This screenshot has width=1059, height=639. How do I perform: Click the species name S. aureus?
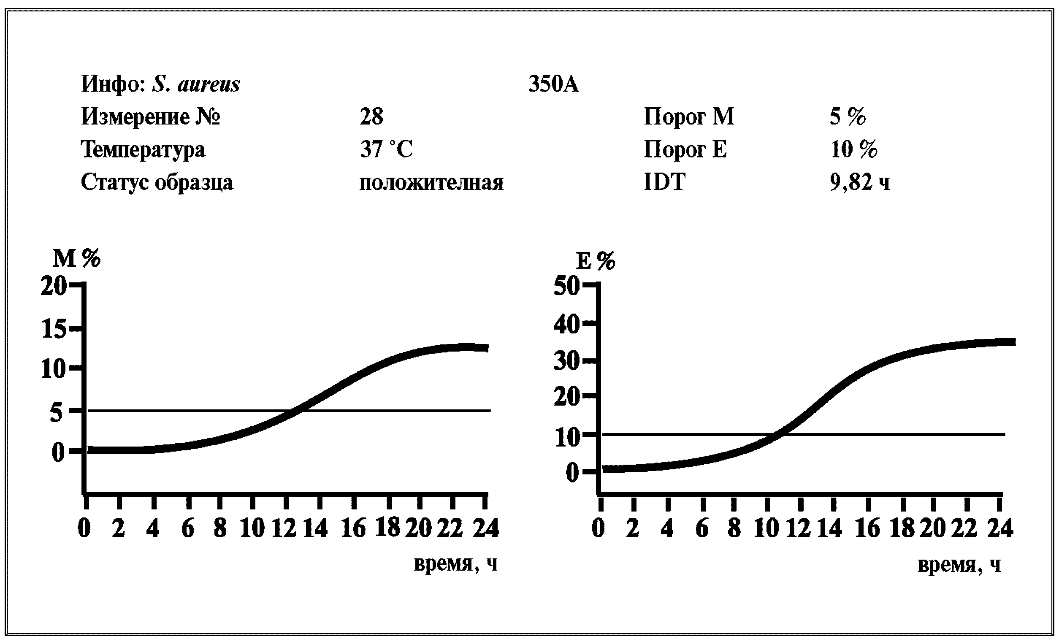click(x=196, y=84)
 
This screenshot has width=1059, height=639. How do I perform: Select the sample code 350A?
click(x=554, y=84)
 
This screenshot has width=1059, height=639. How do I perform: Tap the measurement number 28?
click(x=371, y=116)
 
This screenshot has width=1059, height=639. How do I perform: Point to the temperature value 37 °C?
click(x=386, y=149)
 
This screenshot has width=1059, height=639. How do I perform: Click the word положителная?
click(x=431, y=183)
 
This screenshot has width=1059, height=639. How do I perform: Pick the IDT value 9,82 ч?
click(x=860, y=182)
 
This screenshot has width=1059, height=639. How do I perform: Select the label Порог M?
click(x=689, y=116)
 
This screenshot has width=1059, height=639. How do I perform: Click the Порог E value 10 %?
click(x=854, y=149)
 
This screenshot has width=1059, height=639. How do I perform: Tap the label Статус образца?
click(x=157, y=182)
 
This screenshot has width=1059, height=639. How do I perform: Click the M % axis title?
click(x=76, y=259)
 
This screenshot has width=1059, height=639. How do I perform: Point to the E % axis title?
click(x=596, y=261)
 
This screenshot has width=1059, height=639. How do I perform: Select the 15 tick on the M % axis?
click(x=54, y=329)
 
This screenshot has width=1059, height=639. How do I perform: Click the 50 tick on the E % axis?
click(x=567, y=286)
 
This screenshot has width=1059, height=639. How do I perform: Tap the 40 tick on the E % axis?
click(x=567, y=324)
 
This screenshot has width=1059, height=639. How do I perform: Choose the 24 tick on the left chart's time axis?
click(x=486, y=528)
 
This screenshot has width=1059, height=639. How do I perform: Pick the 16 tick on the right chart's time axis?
click(x=868, y=528)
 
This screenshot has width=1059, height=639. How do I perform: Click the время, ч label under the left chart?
click(x=455, y=563)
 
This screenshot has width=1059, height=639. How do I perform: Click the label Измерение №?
click(x=150, y=117)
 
